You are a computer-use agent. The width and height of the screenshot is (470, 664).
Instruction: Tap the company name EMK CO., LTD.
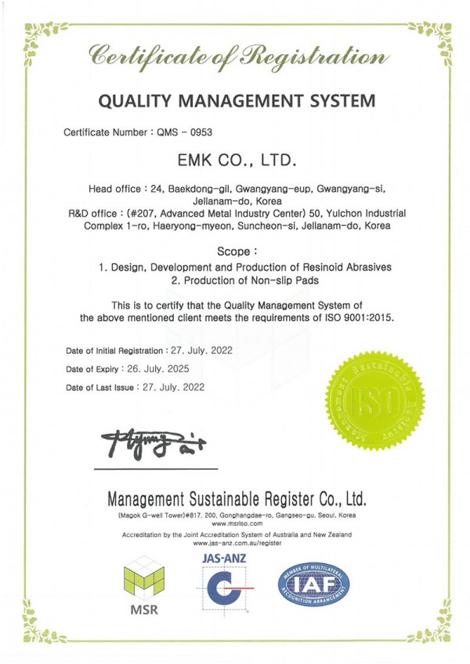pos(235,162)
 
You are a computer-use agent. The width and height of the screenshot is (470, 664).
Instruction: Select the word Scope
pos(236,252)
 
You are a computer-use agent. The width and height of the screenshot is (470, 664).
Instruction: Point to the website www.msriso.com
pos(236,525)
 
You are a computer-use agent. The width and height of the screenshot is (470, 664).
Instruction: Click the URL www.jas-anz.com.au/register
pos(236,543)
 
